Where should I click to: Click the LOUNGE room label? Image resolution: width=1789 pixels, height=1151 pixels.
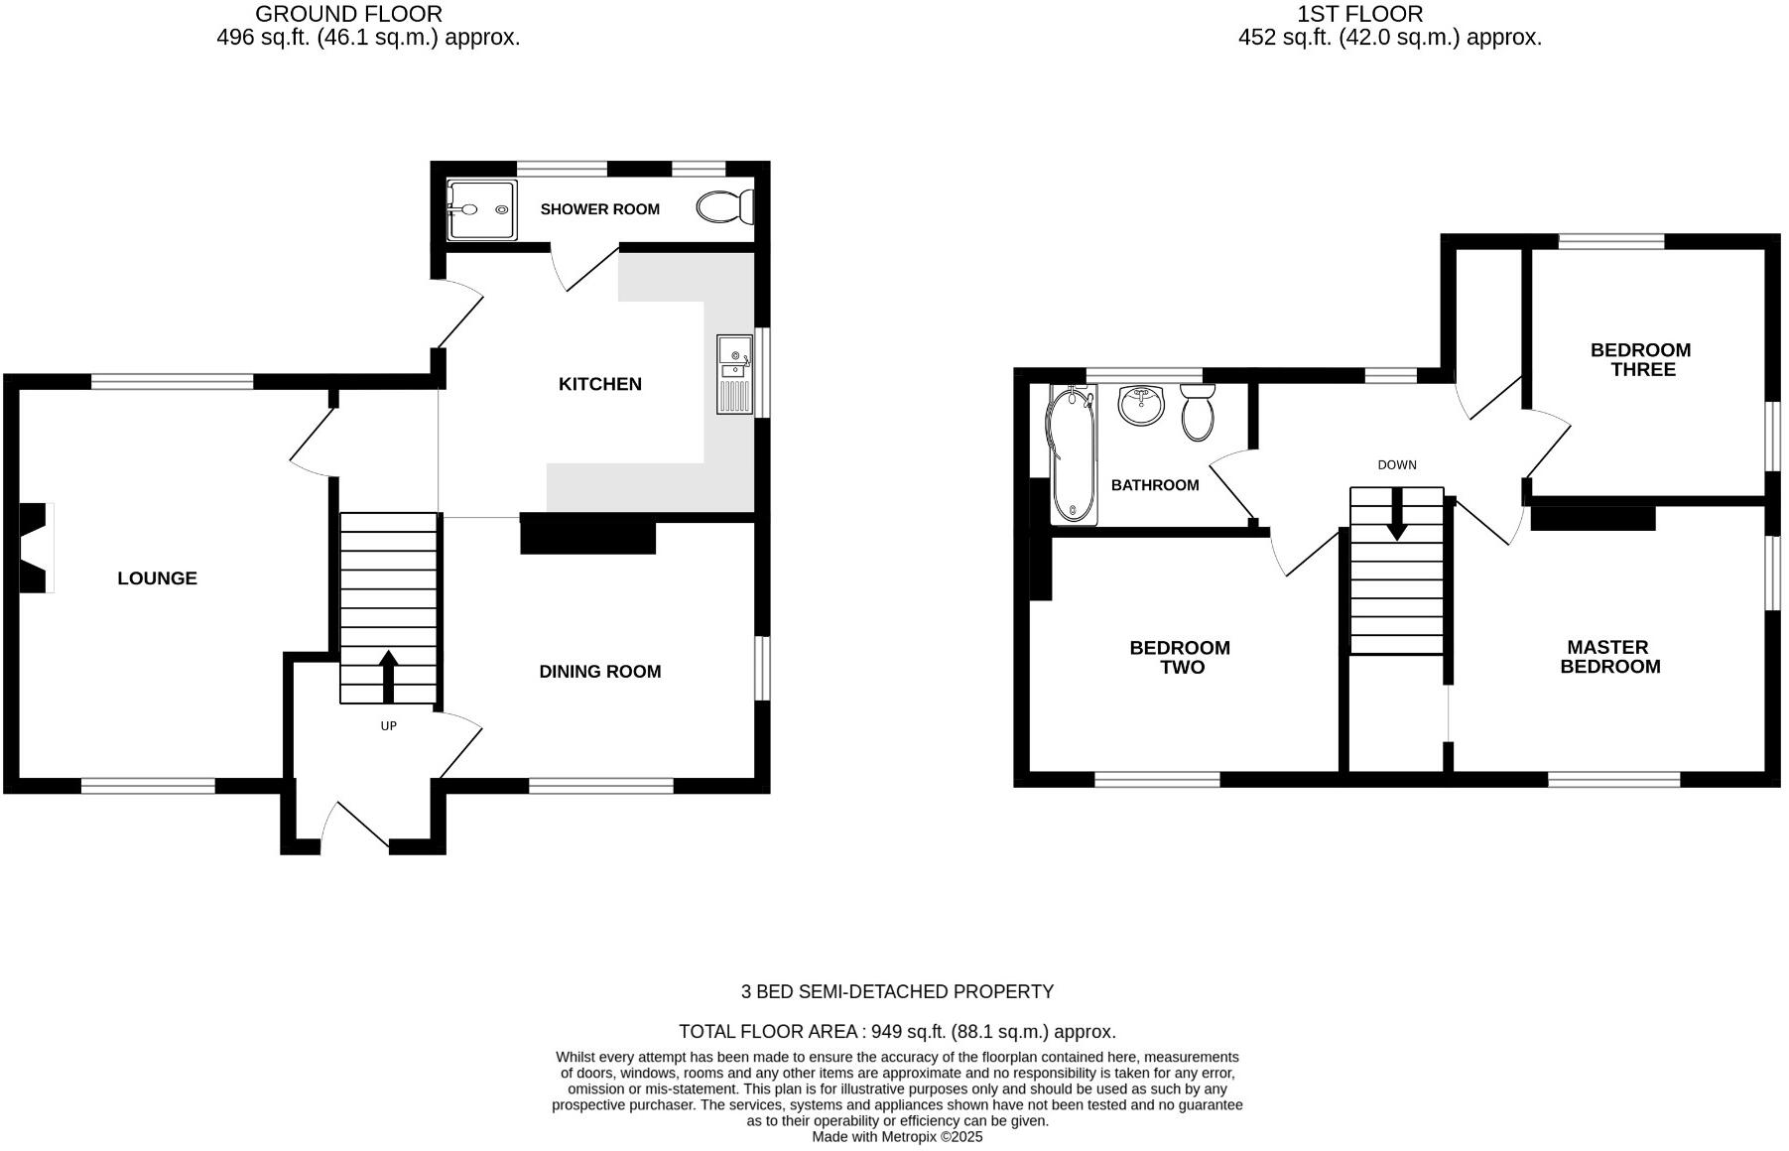pos(157,578)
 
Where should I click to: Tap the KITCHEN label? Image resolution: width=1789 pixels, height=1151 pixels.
pos(599,384)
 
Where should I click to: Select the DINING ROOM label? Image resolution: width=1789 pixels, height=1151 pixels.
pos(599,672)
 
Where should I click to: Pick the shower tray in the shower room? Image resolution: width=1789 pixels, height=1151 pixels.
pos(481,209)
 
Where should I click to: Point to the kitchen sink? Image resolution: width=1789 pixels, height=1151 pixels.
pos(734,373)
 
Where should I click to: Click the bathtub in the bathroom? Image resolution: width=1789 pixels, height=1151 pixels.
pos(1072,454)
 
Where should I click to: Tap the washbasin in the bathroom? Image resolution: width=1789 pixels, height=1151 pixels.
pos(1142,404)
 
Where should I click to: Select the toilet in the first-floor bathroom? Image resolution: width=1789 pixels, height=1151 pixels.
pos(1198,412)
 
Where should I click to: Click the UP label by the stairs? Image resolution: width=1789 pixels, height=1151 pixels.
pos(388,726)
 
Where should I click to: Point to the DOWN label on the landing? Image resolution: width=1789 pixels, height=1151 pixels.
pos(1396,464)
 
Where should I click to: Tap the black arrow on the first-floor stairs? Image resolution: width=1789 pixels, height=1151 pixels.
pos(1396,516)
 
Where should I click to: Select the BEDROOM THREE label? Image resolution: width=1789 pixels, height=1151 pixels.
pos(1640,359)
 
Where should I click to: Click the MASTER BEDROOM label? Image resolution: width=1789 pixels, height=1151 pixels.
pos(1609,657)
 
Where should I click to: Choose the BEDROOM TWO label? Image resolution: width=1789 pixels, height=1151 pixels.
pos(1180,657)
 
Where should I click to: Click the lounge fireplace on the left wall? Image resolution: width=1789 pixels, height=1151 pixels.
pos(36,548)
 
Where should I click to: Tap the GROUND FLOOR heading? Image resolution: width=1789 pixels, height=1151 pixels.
pos(348,14)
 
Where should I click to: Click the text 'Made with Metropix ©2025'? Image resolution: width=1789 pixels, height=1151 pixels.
pos(897,1137)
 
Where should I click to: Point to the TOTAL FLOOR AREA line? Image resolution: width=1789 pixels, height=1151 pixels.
pos(897,1032)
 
